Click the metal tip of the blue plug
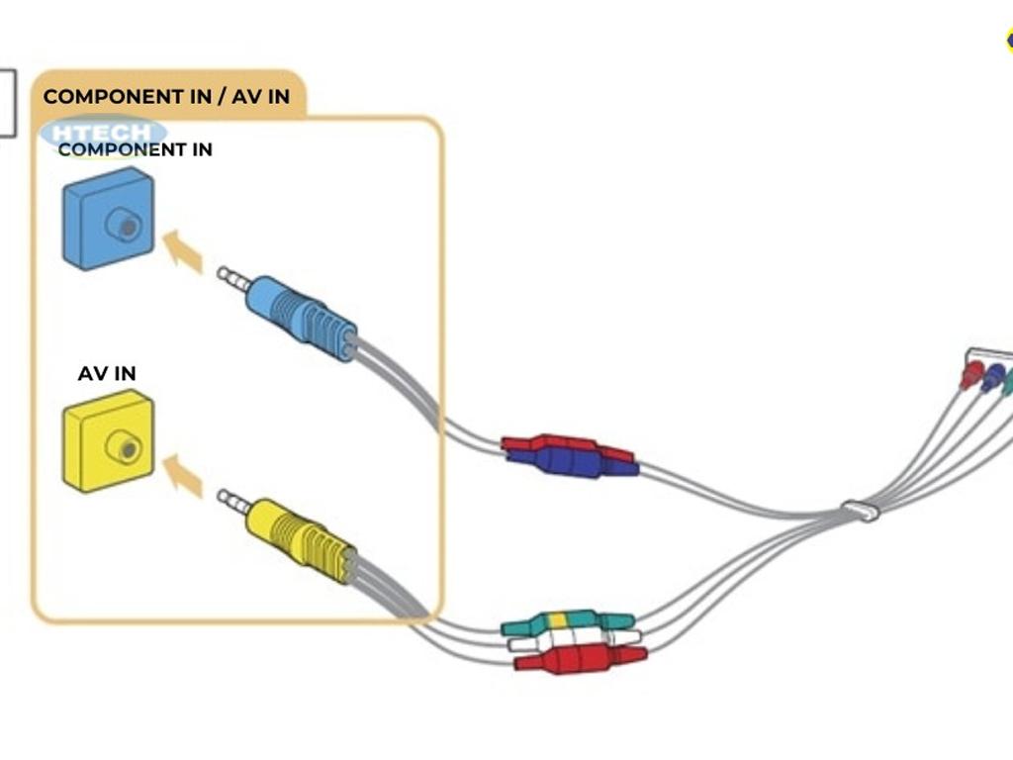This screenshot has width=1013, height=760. pos(233,279)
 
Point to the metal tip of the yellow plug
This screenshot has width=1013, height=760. pos(233,502)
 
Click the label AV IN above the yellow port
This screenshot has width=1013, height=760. pos(107,374)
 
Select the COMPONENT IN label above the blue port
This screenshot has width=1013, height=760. pos(135,150)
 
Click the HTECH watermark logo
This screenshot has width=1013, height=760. pos(105,134)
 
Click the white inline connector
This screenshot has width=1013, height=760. pos(574,639)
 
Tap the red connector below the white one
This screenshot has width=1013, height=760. pos(580,658)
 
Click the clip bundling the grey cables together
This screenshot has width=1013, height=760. pos(860,512)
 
